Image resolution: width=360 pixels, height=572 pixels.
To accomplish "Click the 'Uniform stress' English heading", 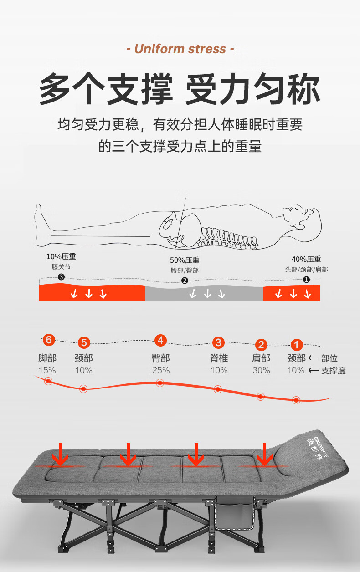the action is (x=180, y=49).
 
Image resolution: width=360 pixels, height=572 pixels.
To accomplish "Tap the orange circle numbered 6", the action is (x=49, y=340).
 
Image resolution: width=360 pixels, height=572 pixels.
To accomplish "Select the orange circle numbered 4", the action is (x=160, y=340).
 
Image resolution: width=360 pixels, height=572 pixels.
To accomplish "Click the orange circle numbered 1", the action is (x=296, y=345).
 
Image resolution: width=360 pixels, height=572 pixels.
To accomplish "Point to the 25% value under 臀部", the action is (x=161, y=370).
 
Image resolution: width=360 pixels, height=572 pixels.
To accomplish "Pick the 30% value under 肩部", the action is (x=261, y=370).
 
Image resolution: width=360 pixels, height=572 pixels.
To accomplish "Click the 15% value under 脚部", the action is (x=47, y=370).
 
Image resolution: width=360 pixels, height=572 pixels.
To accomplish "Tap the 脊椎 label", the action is (x=219, y=358).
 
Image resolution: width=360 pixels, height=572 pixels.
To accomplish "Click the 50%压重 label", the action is (x=185, y=260).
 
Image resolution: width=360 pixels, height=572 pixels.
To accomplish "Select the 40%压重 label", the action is (x=306, y=259).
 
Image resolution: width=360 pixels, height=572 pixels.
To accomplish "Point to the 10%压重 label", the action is (x=61, y=256).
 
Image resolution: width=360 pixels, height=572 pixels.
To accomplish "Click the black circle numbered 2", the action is (x=185, y=281).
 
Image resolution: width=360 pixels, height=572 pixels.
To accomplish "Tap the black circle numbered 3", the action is (x=61, y=277).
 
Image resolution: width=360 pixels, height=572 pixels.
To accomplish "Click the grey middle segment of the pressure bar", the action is (x=205, y=293).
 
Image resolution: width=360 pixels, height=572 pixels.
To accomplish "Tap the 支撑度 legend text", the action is (x=334, y=370).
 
